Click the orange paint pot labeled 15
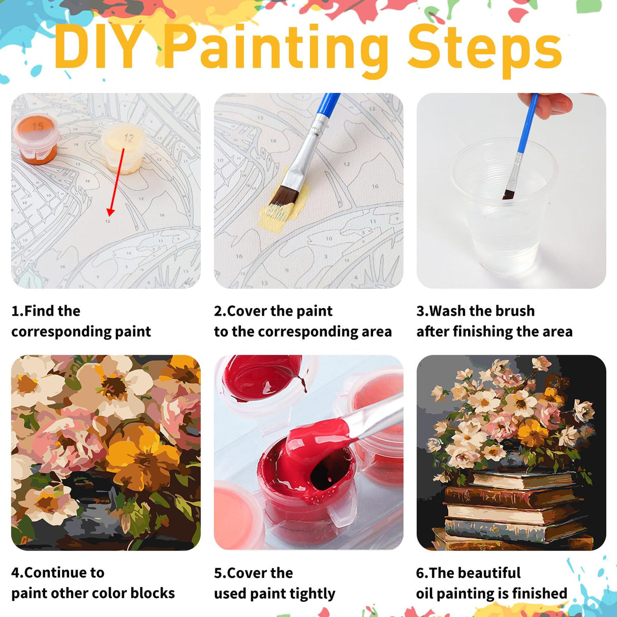36,138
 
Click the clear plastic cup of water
503,208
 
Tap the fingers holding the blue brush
552,105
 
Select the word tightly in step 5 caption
312,594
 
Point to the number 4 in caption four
16,573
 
